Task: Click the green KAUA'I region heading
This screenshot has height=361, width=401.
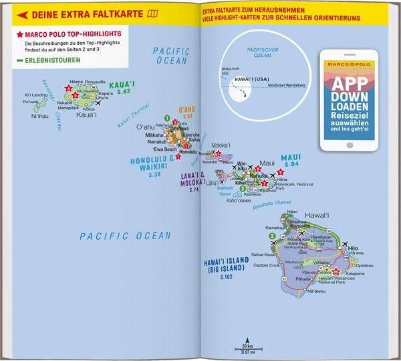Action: tap(122, 84)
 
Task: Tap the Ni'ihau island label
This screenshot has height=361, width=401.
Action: tap(40, 116)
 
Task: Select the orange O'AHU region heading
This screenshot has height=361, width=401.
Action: tap(185, 109)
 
